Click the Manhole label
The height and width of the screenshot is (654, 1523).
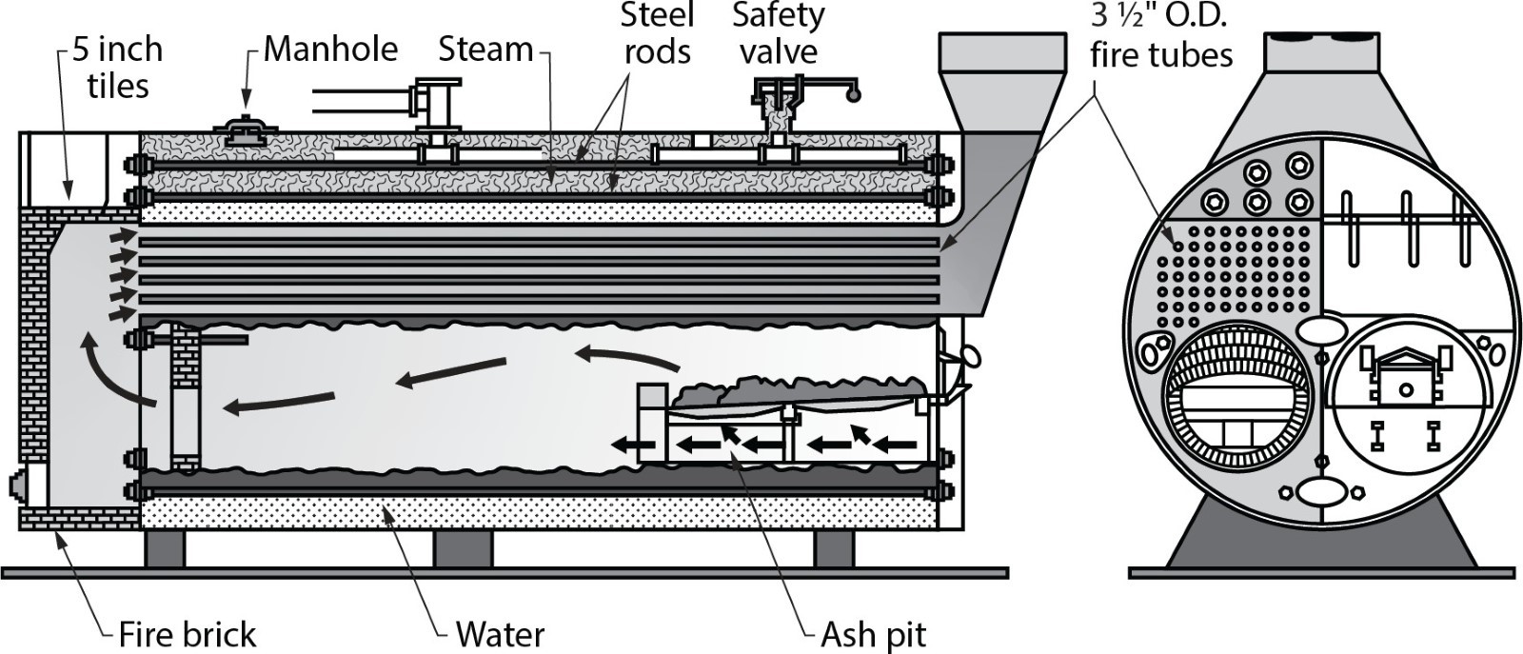click(x=330, y=49)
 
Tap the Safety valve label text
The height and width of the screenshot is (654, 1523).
click(x=778, y=32)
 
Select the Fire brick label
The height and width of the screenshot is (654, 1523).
click(x=188, y=634)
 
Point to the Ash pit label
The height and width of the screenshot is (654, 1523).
click(x=873, y=634)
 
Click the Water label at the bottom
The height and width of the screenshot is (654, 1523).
click(x=500, y=634)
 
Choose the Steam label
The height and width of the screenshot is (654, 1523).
click(x=485, y=49)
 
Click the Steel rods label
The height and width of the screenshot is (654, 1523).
click(x=657, y=32)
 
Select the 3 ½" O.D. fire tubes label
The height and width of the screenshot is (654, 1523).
click(x=1161, y=36)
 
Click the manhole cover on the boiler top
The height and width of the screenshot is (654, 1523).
click(x=245, y=130)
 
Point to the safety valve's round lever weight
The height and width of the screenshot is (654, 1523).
click(x=853, y=94)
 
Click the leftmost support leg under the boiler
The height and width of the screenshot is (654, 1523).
click(x=165, y=549)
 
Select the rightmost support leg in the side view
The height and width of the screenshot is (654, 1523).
click(x=834, y=549)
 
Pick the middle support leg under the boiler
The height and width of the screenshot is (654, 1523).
click(x=463, y=549)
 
